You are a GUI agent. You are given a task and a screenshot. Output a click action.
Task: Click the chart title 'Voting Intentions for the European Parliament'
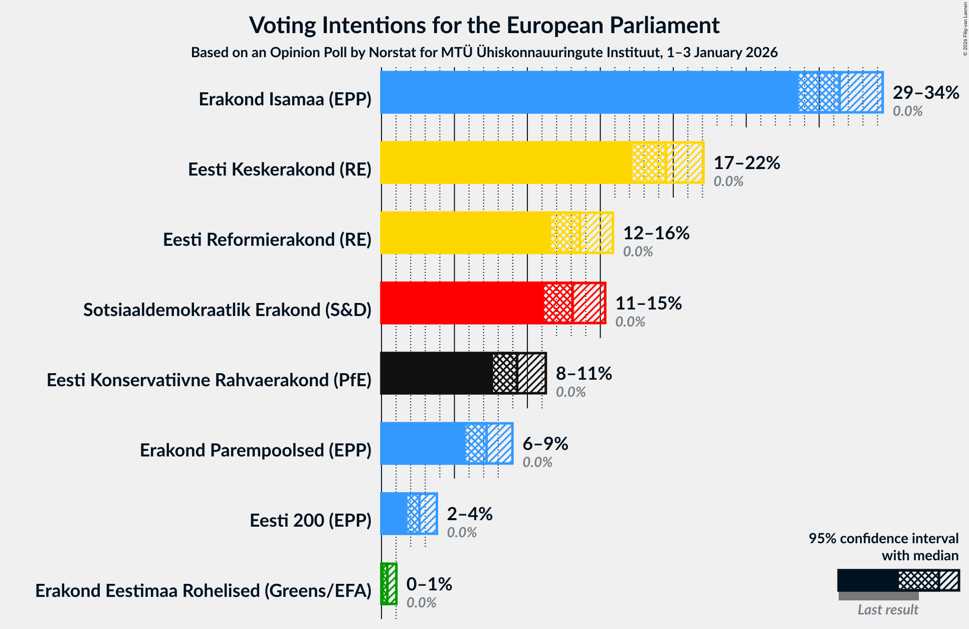click(x=484, y=25)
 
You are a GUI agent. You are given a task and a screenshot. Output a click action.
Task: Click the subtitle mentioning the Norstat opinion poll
click(x=484, y=53)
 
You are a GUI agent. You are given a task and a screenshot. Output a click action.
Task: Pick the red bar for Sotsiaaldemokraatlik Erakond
click(x=461, y=303)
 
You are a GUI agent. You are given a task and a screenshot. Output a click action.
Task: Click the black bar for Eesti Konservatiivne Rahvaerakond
click(x=436, y=373)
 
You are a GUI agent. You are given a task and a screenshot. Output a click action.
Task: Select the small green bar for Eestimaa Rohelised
click(x=389, y=584)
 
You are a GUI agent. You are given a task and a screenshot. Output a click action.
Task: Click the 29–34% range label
click(x=926, y=93)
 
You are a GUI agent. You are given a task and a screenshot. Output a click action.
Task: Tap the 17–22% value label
click(x=746, y=163)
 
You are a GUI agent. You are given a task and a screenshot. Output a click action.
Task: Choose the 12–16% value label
click(x=656, y=233)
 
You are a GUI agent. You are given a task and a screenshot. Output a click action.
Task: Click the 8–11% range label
click(x=584, y=374)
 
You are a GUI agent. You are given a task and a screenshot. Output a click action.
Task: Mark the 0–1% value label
click(x=429, y=584)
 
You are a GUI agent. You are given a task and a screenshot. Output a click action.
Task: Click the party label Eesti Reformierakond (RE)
click(x=267, y=240)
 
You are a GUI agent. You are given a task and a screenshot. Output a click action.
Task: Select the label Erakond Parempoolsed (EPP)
click(x=256, y=450)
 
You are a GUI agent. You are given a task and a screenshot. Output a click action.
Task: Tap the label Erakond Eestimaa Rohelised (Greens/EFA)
click(x=203, y=591)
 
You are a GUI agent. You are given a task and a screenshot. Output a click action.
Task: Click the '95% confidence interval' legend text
click(x=883, y=539)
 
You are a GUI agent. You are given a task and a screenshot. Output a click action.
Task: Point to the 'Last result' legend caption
click(x=887, y=609)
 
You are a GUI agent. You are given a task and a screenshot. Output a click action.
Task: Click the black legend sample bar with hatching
click(x=898, y=580)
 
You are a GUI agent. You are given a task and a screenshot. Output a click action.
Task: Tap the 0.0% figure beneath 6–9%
click(x=537, y=462)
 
